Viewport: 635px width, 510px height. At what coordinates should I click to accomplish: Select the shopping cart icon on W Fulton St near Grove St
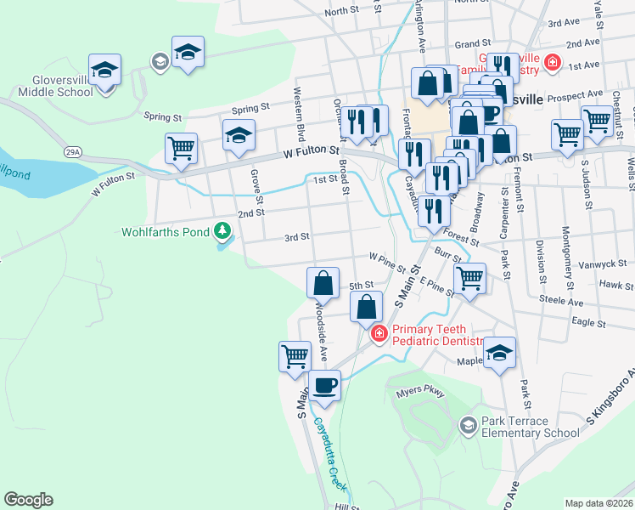[x=181, y=148]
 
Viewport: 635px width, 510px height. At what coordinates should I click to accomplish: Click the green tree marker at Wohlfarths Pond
[x=222, y=230]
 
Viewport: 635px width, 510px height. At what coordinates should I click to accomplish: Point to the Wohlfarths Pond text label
[x=165, y=231]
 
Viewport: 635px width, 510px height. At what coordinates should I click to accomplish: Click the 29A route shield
[x=73, y=151]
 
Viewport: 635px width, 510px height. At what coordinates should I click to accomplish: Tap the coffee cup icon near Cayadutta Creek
[x=323, y=386]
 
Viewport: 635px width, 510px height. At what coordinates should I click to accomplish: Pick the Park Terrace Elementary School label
[x=530, y=427]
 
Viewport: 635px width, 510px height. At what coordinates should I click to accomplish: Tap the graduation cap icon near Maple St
[x=499, y=353]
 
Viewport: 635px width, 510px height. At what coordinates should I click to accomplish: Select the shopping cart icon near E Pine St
[x=469, y=278]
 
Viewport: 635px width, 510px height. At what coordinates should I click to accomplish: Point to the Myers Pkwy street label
[x=420, y=394]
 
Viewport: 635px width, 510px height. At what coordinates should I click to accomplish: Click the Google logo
[x=28, y=500]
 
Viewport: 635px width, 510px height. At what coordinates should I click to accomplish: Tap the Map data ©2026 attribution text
[x=598, y=503]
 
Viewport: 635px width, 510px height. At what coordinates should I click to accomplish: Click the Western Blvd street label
[x=299, y=103]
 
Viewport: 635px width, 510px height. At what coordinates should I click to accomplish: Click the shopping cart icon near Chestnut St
[x=597, y=121]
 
